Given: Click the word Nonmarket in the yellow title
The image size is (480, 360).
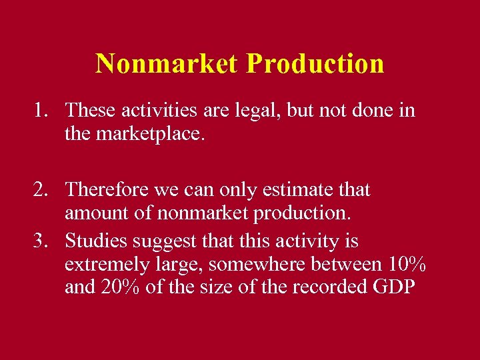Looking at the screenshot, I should (167, 64).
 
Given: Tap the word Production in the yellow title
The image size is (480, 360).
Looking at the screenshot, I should (315, 64).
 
